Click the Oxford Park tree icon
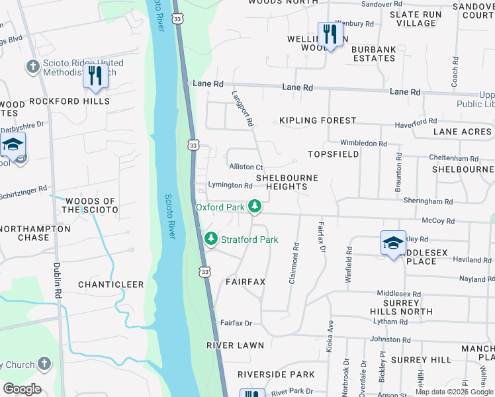[x=254, y=207]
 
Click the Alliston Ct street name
[x=246, y=167]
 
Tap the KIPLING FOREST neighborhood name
[x=318, y=121]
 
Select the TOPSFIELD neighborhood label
[x=334, y=154]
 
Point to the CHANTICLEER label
[x=111, y=285]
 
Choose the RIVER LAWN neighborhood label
[x=235, y=345]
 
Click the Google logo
[x=22, y=389]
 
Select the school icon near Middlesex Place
[x=393, y=243]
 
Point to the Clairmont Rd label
[x=294, y=263]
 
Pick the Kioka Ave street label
[x=329, y=336]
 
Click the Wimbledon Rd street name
[x=363, y=143]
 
